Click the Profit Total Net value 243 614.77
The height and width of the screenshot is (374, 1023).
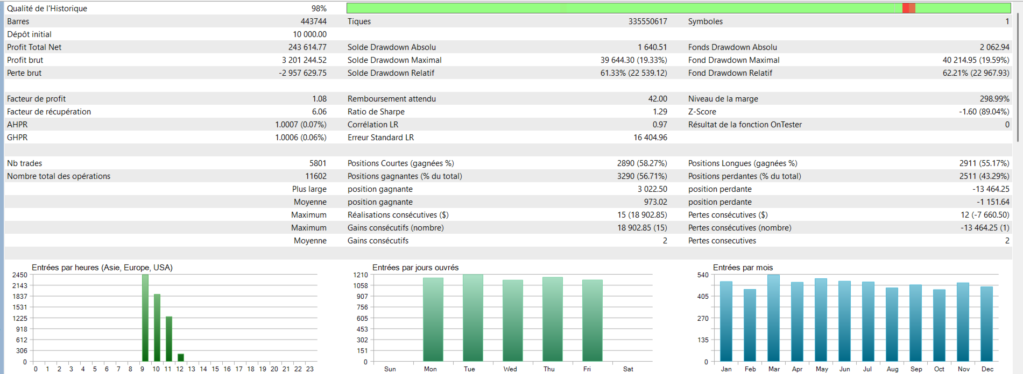(x=307, y=47)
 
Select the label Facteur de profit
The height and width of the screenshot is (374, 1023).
(x=36, y=99)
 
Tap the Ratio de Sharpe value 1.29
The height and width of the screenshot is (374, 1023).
(x=660, y=112)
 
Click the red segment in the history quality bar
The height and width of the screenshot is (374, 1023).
(x=908, y=8)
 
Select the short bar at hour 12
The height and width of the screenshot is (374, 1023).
(x=181, y=357)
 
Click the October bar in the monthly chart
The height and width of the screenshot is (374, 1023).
(x=939, y=326)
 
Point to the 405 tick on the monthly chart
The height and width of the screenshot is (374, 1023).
(x=703, y=297)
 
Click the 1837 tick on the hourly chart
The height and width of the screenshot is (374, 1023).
(x=20, y=297)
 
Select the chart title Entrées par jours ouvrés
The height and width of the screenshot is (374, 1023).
(x=415, y=268)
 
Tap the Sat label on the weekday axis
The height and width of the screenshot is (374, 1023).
(x=628, y=369)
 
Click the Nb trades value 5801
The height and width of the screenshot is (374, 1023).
(x=318, y=163)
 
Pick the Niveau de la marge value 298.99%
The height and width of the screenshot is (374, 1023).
(x=994, y=99)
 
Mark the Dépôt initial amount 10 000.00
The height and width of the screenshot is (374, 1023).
(x=309, y=34)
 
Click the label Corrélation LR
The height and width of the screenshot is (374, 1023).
(x=373, y=125)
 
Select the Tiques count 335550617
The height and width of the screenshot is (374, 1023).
(x=647, y=21)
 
